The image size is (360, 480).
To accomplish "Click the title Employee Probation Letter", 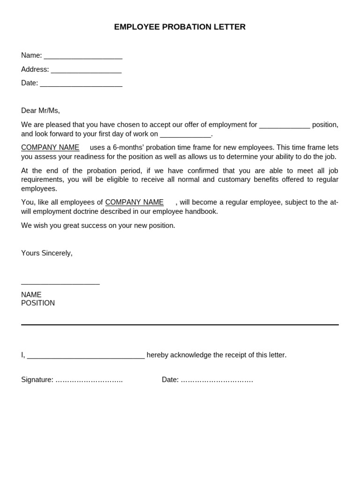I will click(180, 27).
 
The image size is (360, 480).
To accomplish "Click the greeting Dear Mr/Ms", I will click(40, 111).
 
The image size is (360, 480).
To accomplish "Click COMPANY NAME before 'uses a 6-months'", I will click(50, 148).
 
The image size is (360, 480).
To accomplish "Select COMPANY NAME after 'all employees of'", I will click(135, 202).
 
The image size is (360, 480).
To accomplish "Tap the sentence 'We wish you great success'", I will click(98, 225).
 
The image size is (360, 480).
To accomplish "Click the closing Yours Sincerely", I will click(47, 253).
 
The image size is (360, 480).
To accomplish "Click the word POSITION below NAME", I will click(38, 303).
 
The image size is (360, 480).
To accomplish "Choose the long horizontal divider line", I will click(180, 324).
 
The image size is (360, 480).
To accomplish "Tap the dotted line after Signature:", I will click(89, 380).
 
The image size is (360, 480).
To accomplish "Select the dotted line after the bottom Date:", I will click(217, 380).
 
